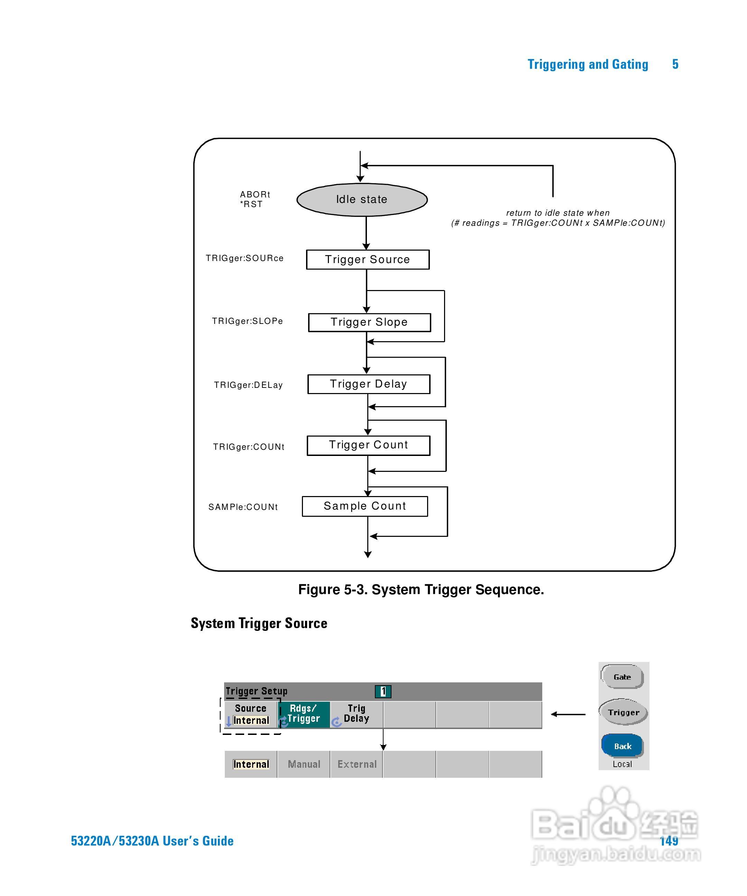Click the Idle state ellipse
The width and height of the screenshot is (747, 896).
point(362,200)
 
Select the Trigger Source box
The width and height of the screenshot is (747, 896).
point(368,259)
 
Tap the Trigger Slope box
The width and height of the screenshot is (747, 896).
point(369,322)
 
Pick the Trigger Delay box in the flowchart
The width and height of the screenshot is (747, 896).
point(368,384)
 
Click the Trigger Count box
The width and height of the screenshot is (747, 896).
point(368,445)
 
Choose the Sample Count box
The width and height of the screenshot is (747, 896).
point(365,506)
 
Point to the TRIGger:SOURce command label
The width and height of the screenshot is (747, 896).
point(245,258)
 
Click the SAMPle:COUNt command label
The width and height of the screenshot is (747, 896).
point(243,507)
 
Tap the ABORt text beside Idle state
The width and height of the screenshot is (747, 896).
point(255,195)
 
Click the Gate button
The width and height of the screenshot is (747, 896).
point(622,677)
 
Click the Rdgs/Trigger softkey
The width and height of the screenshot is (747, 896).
point(304,714)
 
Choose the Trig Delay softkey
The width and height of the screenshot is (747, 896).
point(357,714)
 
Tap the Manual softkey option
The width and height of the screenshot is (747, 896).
point(304,764)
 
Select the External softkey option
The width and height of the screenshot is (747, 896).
point(357,764)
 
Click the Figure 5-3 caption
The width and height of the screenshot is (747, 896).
point(421,590)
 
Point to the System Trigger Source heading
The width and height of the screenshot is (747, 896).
point(259,623)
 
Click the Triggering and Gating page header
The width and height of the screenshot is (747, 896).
point(588,64)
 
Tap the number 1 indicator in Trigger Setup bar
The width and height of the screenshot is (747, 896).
point(383,691)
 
